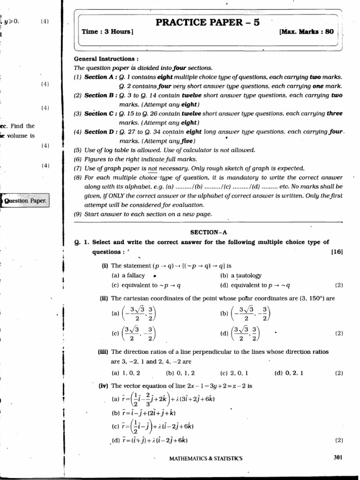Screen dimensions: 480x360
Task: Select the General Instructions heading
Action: click(106, 59)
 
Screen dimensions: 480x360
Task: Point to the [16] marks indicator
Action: click(337, 252)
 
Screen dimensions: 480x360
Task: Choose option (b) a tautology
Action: click(240, 275)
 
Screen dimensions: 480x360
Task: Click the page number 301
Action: click(339, 457)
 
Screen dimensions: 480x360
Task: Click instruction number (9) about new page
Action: click(78, 214)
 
